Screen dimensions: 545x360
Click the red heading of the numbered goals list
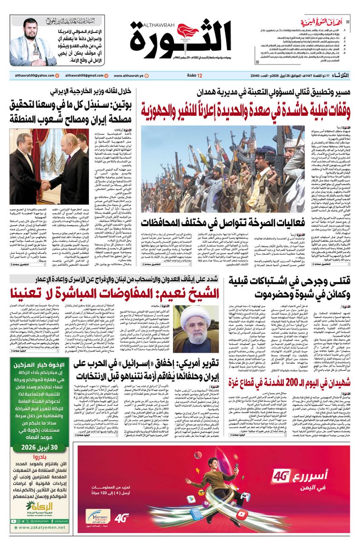325,20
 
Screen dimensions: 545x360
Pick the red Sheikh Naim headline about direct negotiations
115,294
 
